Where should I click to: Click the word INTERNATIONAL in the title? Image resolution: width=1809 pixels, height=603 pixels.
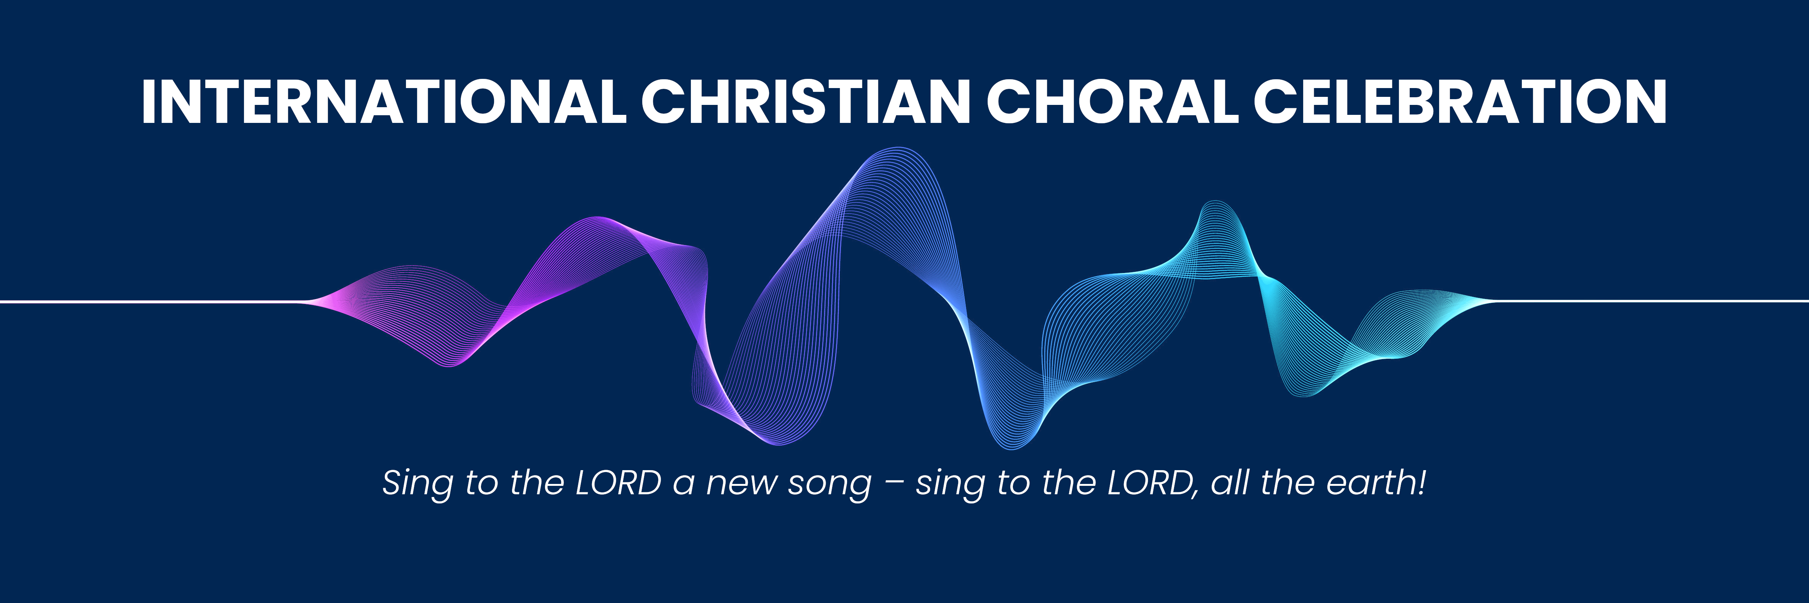click(x=384, y=102)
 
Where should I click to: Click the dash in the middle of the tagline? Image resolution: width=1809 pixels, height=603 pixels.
click(x=894, y=484)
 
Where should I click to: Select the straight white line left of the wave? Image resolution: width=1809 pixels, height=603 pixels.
click(x=151, y=302)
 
